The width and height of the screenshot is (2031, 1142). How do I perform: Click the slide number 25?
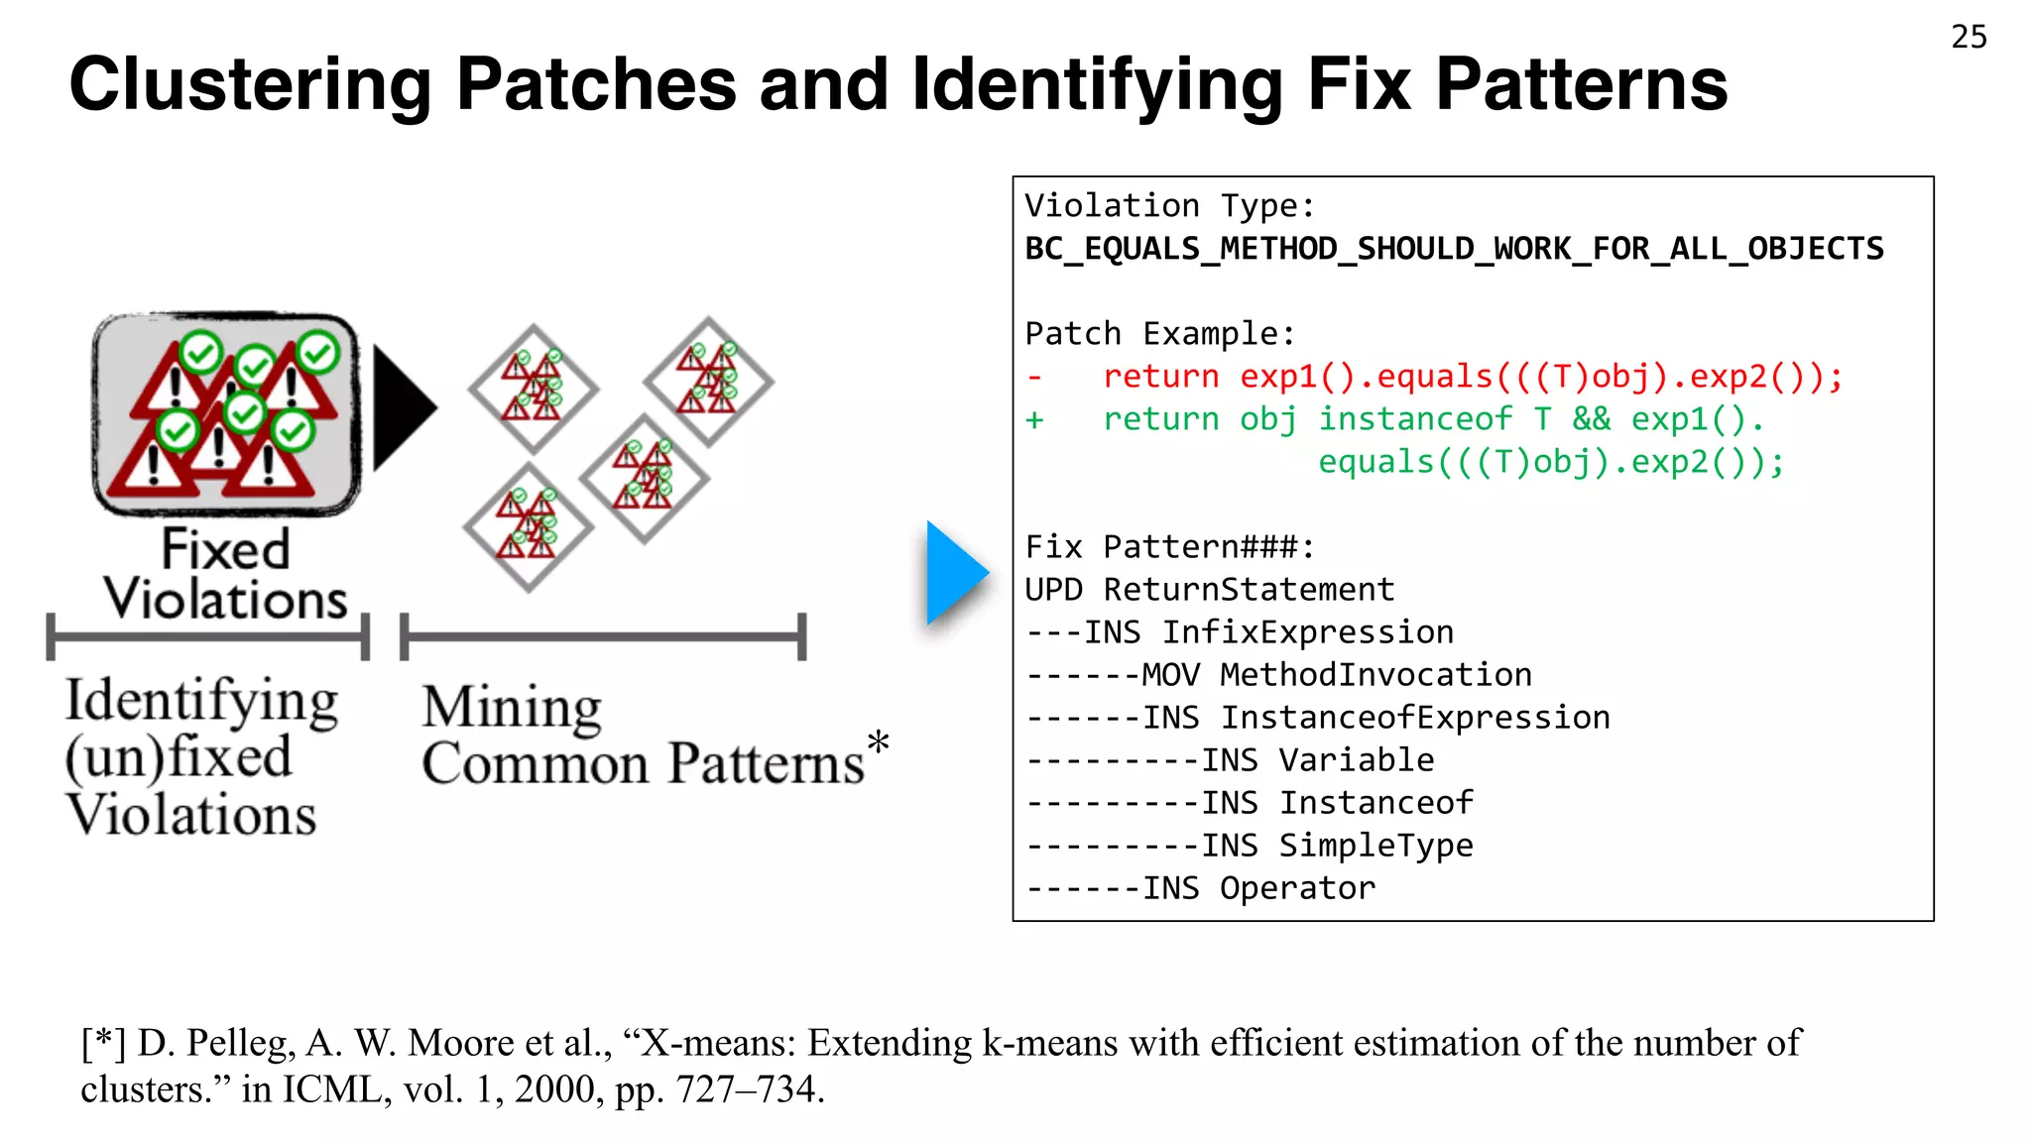1969,38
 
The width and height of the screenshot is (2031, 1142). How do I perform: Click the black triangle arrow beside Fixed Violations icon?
403,407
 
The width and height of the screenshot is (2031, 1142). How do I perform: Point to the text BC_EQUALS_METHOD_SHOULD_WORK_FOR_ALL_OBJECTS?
1454,249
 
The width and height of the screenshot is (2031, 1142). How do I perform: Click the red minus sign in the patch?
1034,378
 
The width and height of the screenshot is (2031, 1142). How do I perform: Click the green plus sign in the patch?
1034,420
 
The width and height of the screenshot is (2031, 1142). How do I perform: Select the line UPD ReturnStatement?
1209,590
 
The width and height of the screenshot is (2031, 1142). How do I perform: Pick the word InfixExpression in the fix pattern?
1307,632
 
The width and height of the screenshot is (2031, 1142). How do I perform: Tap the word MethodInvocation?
1375,675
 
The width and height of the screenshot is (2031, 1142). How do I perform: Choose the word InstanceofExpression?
1414,718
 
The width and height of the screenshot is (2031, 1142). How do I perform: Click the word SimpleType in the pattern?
1375,846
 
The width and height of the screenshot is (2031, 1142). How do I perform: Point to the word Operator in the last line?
1297,888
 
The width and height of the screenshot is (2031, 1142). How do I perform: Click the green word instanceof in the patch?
1414,419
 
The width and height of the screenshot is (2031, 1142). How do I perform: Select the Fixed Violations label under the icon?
226,575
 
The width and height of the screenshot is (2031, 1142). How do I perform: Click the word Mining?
512,708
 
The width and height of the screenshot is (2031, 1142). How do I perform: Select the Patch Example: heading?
1159,334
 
